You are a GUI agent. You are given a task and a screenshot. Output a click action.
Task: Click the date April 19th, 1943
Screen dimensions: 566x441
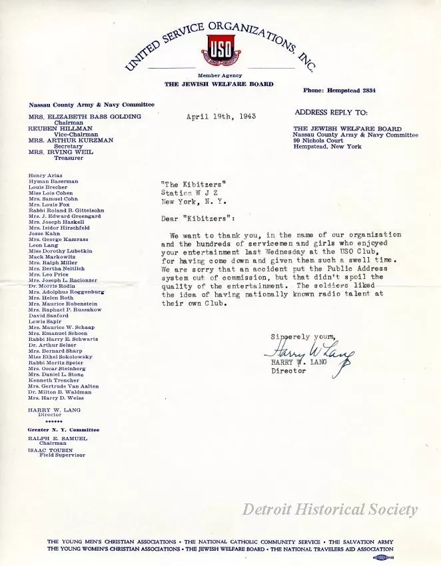[221, 117]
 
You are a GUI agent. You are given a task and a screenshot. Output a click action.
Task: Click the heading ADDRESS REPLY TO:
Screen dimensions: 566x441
[331, 113]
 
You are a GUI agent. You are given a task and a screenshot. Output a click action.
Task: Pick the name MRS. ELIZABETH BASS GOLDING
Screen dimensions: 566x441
[85, 117]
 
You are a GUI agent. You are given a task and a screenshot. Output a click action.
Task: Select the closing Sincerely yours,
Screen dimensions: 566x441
[303, 337]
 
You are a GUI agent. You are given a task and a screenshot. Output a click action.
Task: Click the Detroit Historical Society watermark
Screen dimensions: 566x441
[330, 510]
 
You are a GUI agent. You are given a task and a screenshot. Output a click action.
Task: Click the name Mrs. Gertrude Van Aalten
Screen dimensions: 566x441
[63, 386]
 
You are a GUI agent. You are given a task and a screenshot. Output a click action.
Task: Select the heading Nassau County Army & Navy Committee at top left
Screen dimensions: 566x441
[91, 105]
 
